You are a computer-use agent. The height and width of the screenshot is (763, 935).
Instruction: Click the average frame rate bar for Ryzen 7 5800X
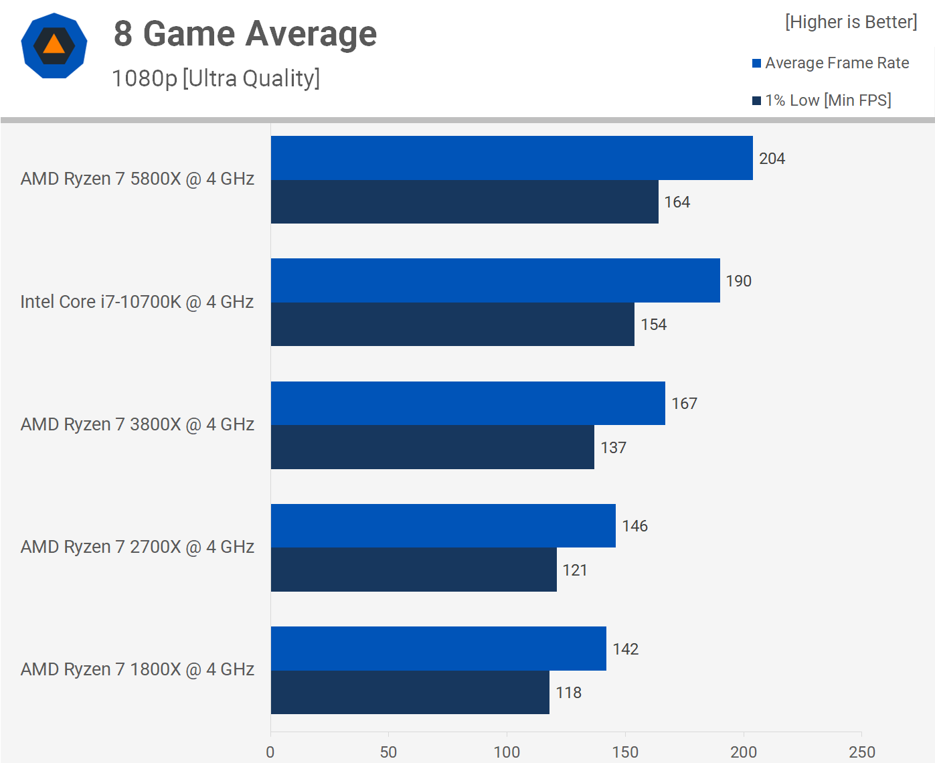pos(511,158)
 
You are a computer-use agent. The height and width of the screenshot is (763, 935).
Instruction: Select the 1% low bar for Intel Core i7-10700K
pos(452,325)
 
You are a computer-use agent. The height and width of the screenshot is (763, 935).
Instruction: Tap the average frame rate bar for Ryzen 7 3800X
pos(468,403)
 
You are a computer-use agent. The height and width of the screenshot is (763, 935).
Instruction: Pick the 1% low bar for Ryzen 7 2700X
pos(414,570)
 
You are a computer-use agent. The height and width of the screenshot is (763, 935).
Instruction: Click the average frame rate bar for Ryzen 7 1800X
pos(438,649)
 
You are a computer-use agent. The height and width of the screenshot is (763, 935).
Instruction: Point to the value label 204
pos(772,159)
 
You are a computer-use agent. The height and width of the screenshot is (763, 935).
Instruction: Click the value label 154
pos(653,325)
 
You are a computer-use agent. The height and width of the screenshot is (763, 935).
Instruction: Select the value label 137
pos(613,448)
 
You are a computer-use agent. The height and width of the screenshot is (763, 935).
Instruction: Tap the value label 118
pos(568,693)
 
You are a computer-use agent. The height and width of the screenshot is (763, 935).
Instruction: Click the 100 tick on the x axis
pos(507,752)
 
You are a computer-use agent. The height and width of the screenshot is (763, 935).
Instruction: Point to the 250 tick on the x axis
pos(861,752)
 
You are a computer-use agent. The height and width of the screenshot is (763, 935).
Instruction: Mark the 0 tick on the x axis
pos(270,752)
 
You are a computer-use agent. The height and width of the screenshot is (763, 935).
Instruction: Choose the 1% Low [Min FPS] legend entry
pos(821,100)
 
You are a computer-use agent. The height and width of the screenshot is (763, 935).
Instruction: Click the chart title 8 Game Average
pos(245,33)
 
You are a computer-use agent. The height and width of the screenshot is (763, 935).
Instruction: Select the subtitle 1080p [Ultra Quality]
pos(216,78)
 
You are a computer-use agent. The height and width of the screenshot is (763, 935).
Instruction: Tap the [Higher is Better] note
pos(851,22)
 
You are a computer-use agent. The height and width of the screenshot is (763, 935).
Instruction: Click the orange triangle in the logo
pos(54,46)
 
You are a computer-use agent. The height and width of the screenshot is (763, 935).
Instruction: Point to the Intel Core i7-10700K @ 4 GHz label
pos(137,302)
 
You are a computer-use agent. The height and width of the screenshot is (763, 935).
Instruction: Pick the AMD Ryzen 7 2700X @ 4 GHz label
pos(137,547)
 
